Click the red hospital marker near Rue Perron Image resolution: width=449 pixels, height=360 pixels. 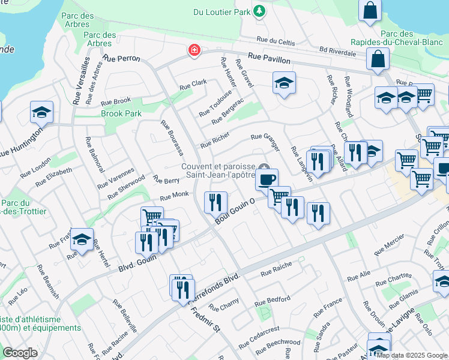(x=194, y=50)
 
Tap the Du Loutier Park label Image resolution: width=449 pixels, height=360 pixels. (x=221, y=11)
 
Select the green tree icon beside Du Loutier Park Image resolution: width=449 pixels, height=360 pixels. (x=259, y=11)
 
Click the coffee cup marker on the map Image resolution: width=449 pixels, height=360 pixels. (x=267, y=178)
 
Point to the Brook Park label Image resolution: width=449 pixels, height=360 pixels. (x=121, y=113)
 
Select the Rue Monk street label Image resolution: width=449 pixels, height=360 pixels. (x=174, y=196)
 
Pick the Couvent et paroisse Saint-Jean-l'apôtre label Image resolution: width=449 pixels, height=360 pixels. (x=220, y=170)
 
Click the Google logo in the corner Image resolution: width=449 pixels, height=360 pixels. (x=20, y=353)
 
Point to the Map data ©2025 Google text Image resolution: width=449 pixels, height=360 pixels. (x=412, y=355)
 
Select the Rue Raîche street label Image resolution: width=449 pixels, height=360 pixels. (x=276, y=268)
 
